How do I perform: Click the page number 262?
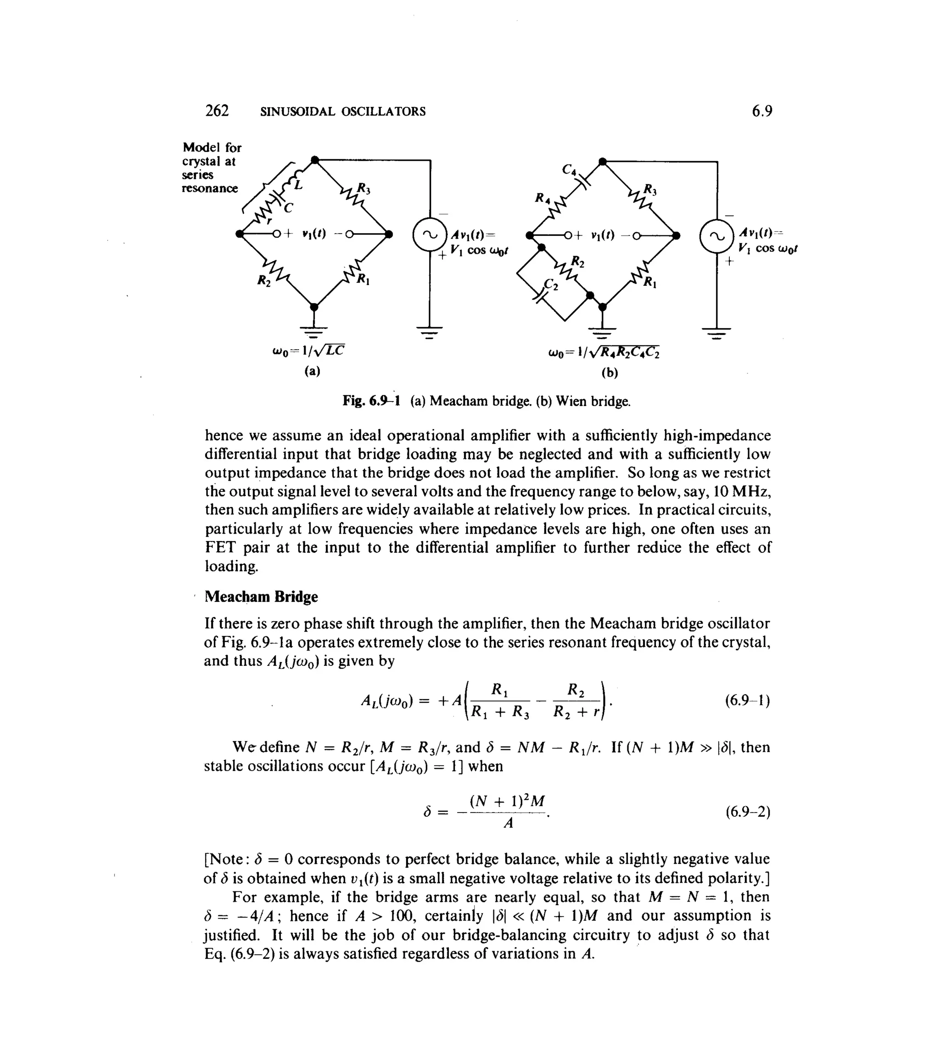pos(217,111)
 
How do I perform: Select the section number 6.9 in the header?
pos(762,111)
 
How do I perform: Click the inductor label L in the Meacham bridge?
pos(298,183)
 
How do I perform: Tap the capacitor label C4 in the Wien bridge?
pos(569,169)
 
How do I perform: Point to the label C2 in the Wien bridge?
pos(552,284)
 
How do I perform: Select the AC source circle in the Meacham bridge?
pos(430,235)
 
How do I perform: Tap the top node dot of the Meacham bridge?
pos(315,160)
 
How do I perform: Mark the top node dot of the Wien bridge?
pos(602,162)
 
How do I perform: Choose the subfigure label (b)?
pos(610,372)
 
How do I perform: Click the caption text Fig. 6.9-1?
pos(371,401)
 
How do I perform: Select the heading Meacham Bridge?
pos(261,596)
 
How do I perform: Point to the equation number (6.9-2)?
pos(747,812)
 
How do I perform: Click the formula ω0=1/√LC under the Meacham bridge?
pos(308,351)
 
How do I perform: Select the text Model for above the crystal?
pos(212,148)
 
